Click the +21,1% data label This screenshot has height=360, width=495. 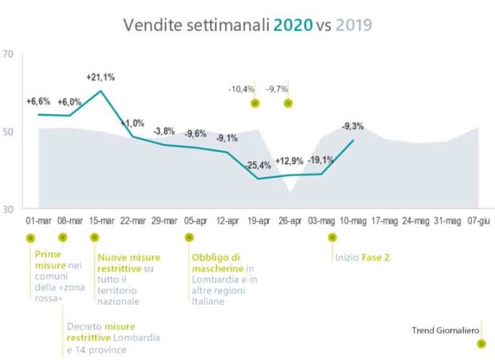pyautogui.click(x=101, y=77)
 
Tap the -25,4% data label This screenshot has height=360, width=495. pyautogui.click(x=258, y=166)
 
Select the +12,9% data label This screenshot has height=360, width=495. pyautogui.click(x=290, y=159)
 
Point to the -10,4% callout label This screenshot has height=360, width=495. pyautogui.click(x=241, y=89)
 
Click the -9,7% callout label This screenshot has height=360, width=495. pyautogui.click(x=277, y=89)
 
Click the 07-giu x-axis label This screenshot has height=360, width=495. pyautogui.click(x=480, y=220)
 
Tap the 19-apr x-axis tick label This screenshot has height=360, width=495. pyautogui.click(x=258, y=220)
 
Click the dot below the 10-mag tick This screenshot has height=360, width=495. pyautogui.click(x=332, y=237)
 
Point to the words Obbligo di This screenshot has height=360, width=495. pyautogui.click(x=215, y=257)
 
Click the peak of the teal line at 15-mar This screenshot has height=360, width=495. pyautogui.click(x=101, y=91)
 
